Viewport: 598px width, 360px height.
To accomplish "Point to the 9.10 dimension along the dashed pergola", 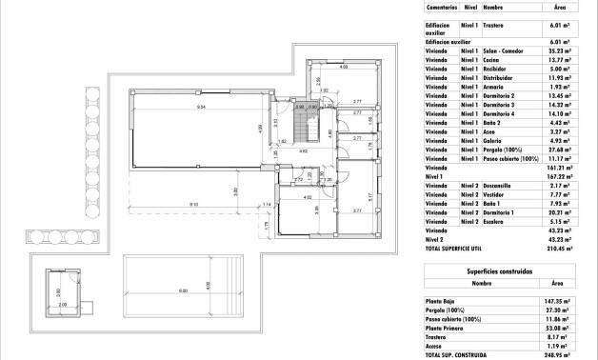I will [x=193, y=205].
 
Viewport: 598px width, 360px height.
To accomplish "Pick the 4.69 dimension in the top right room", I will [x=344, y=68].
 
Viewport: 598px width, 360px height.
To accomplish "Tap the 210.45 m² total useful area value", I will [x=560, y=246].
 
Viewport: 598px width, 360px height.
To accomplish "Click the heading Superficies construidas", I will [x=501, y=270].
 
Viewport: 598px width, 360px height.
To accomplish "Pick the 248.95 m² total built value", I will [x=560, y=354].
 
